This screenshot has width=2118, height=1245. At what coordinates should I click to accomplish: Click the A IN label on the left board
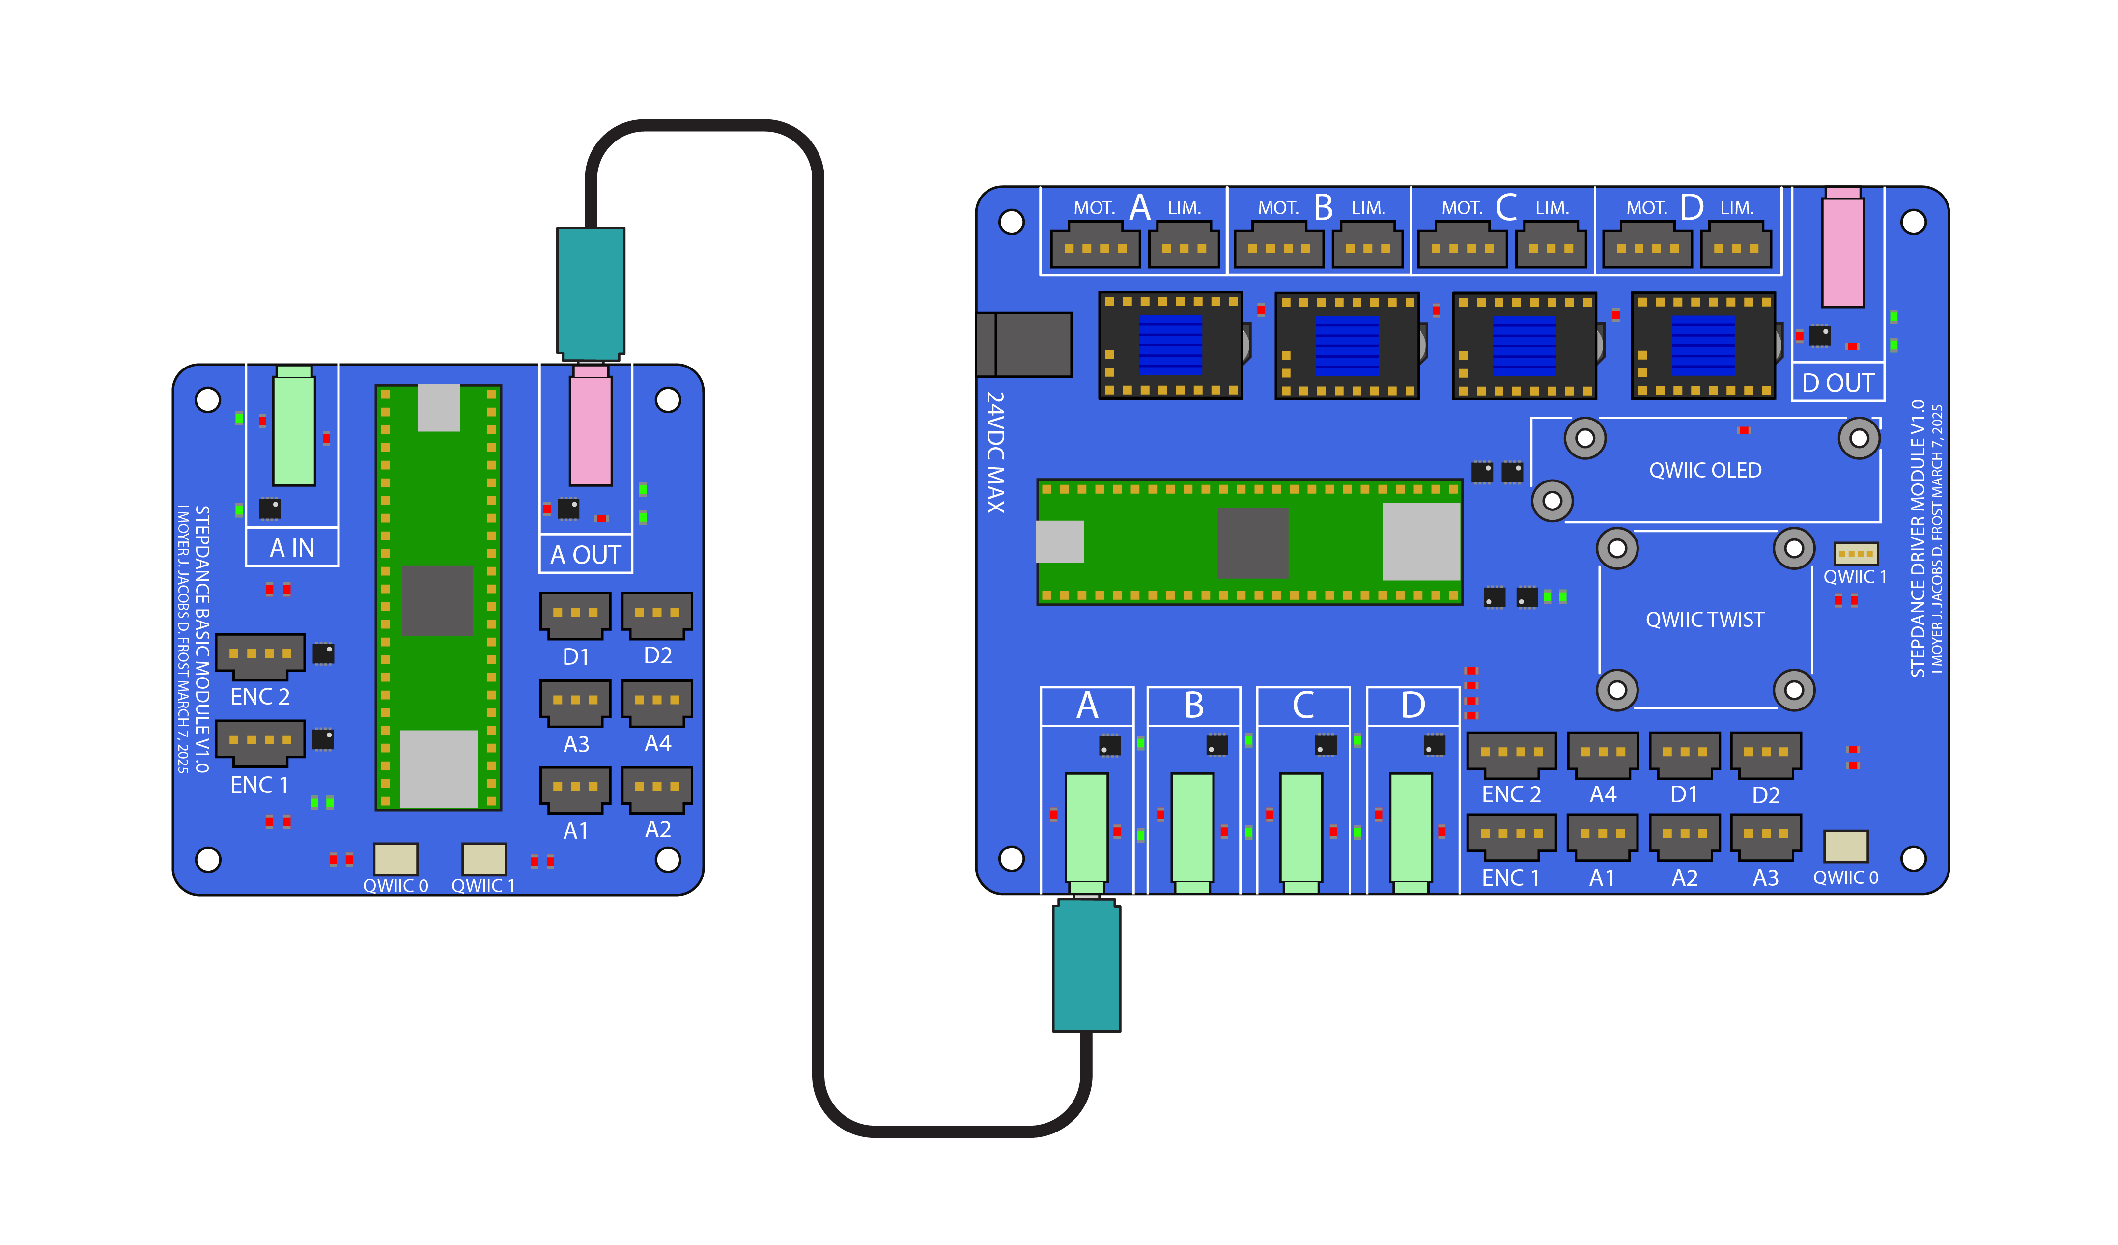[x=292, y=548]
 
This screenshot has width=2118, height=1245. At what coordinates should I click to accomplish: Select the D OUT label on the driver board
[x=1837, y=383]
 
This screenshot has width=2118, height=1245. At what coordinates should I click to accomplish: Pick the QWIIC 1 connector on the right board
[x=1855, y=553]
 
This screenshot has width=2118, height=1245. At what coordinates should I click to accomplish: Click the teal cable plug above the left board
[x=591, y=292]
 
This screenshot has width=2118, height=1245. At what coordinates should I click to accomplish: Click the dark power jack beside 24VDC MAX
[x=1024, y=345]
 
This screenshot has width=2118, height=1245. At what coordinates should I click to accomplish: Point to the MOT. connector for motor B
[x=1278, y=246]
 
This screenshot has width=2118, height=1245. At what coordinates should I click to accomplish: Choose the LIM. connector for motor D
[x=1736, y=246]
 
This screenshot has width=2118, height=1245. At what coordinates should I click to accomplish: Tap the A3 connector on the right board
[x=1766, y=836]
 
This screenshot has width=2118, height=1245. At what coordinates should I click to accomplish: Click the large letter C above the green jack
[x=1303, y=706]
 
